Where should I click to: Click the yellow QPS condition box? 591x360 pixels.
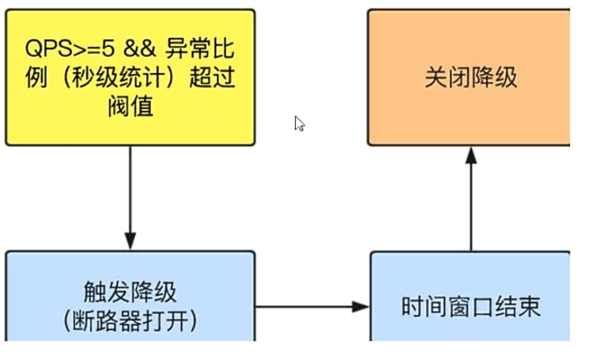click(130, 77)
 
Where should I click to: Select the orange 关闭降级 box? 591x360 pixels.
click(469, 77)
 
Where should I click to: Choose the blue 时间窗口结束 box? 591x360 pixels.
click(470, 297)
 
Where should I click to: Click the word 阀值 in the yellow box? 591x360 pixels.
click(130, 106)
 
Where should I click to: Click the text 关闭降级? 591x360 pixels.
click(471, 77)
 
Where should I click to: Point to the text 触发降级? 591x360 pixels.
click(130, 291)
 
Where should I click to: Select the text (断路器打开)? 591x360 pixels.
click(130, 320)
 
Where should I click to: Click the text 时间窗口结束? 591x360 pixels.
click(471, 308)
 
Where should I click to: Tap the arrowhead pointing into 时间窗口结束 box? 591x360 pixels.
click(363, 307)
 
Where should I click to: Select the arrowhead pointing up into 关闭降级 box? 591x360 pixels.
click(471, 155)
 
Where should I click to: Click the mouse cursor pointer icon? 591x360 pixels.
click(299, 123)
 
